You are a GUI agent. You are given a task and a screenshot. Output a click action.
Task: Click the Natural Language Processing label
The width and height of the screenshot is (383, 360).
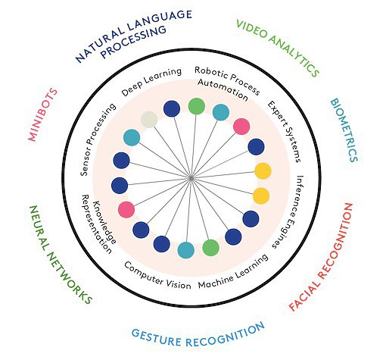click(131, 36)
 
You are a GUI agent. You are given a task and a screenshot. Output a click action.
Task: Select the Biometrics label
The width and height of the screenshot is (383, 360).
click(344, 130)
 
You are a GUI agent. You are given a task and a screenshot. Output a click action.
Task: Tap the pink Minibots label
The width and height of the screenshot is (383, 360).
click(42, 114)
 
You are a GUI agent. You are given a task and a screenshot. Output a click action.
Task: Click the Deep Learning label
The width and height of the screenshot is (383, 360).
click(151, 81)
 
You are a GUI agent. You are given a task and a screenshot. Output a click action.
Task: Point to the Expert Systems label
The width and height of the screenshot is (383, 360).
click(284, 131)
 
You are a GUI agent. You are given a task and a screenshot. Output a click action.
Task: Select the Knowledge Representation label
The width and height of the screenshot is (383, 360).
click(98, 224)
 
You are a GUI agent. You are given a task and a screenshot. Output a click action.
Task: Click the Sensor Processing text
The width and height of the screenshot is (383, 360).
click(97, 139)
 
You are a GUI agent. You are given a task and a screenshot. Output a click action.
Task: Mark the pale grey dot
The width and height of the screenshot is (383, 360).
click(149, 120)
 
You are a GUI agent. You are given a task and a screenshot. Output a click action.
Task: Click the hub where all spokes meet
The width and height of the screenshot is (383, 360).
click(191, 178)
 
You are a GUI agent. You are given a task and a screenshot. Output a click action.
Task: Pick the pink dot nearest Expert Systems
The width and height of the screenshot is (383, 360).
click(241, 127)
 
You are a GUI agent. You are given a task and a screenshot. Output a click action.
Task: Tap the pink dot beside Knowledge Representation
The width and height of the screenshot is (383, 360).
click(126, 210)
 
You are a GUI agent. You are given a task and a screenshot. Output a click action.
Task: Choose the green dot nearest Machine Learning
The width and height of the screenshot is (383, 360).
click(210, 248)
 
